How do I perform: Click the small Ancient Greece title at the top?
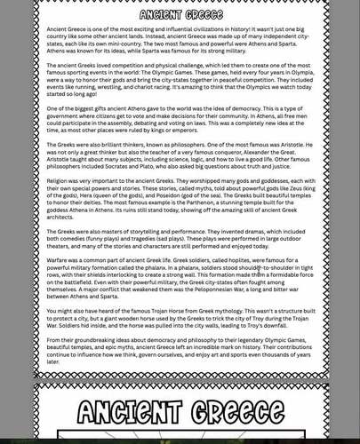(180, 15)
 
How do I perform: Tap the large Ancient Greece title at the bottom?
(180, 412)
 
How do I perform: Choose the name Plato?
(146, 165)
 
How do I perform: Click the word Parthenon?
(184, 202)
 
